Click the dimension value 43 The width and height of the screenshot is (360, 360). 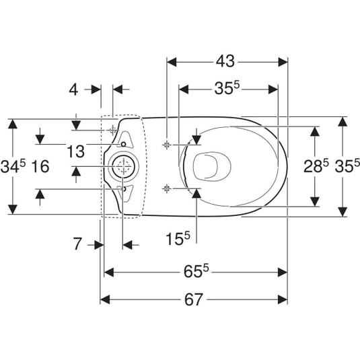coord(225,61)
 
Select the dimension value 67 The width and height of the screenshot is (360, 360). coord(194,299)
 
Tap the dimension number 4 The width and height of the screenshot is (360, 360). coord(74,89)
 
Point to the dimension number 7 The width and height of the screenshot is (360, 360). coord(77,244)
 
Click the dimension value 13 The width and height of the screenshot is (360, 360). coord(76,151)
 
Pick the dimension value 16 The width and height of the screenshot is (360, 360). coord(40,166)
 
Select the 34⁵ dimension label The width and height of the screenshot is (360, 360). coord(13,166)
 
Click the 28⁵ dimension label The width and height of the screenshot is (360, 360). coord(316,166)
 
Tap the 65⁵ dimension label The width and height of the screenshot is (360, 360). coord(196,271)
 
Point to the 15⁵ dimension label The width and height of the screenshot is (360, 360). coord(178,238)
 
